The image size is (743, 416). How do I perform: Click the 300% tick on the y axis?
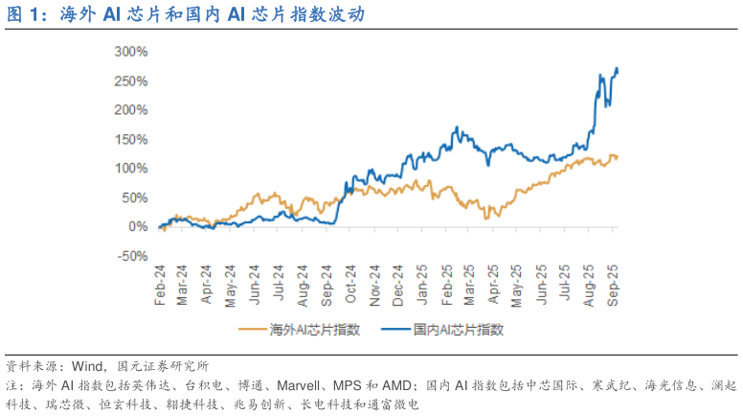point(132,51)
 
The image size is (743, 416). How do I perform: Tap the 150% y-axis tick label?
point(132,139)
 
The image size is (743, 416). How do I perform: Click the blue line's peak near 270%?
point(616,68)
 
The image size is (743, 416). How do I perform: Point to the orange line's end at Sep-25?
point(618,156)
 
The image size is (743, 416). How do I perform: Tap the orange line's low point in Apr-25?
point(486,218)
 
